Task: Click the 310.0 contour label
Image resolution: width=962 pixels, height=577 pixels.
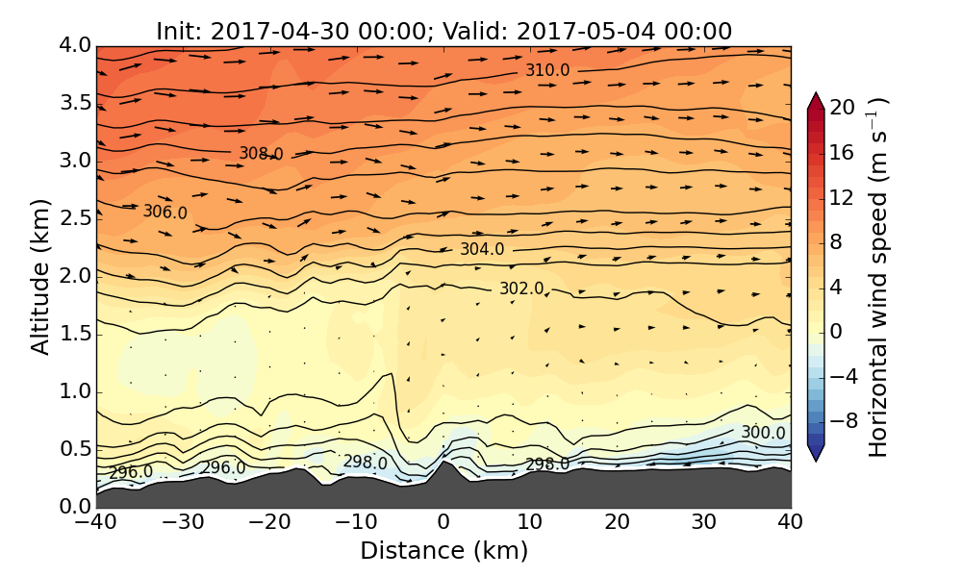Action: (547, 70)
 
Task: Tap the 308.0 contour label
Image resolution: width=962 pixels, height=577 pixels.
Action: (261, 153)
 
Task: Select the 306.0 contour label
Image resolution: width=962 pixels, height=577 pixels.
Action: (165, 212)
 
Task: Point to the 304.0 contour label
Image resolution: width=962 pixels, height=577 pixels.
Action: (481, 249)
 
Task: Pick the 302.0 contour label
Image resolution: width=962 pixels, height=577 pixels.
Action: (520, 288)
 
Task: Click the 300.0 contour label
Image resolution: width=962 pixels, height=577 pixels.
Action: (763, 434)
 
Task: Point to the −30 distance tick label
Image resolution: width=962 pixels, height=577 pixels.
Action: (183, 523)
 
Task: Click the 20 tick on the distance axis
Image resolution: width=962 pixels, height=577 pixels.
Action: (617, 523)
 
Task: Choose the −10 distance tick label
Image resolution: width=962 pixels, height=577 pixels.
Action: (356, 523)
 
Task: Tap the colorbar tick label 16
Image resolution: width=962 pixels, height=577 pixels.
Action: (843, 152)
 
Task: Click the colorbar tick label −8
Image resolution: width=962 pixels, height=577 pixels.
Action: (843, 420)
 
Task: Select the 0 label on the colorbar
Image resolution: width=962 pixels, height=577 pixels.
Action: (837, 331)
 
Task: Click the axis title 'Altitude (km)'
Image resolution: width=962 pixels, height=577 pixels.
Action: (39, 275)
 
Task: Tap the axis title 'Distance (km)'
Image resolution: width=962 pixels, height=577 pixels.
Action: (443, 551)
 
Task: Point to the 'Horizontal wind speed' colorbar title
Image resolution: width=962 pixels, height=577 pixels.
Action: (878, 277)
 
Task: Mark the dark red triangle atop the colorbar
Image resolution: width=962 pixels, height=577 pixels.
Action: (816, 100)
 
